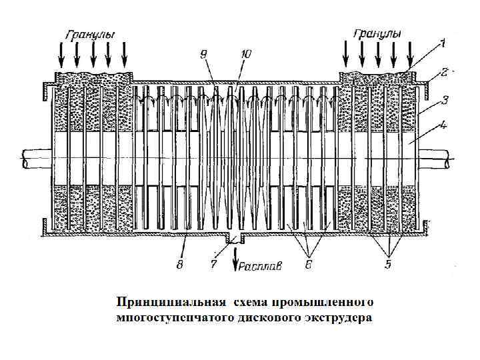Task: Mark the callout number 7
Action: (213, 265)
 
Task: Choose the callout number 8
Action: (179, 265)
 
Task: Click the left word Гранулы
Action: (90, 34)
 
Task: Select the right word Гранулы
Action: (377, 33)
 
